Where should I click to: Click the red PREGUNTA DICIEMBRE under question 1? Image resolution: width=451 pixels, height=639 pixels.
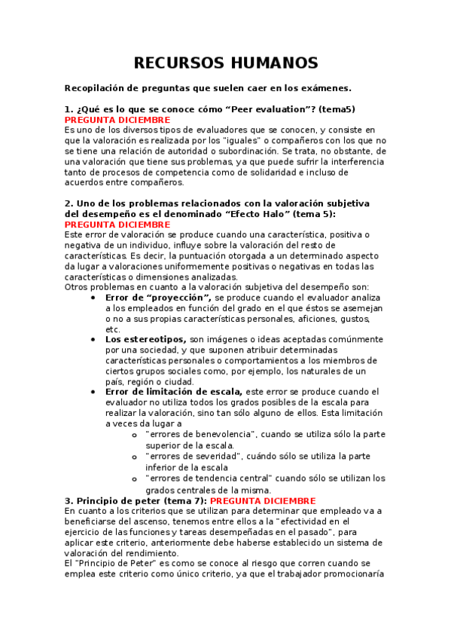tap(117, 120)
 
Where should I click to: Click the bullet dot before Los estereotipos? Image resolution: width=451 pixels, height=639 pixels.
tap(92, 340)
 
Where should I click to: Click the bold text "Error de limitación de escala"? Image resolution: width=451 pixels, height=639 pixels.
tap(174, 392)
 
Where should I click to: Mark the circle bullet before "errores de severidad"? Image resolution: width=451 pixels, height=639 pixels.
tap(134, 456)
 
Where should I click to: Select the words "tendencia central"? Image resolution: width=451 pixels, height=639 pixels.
tap(231, 478)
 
